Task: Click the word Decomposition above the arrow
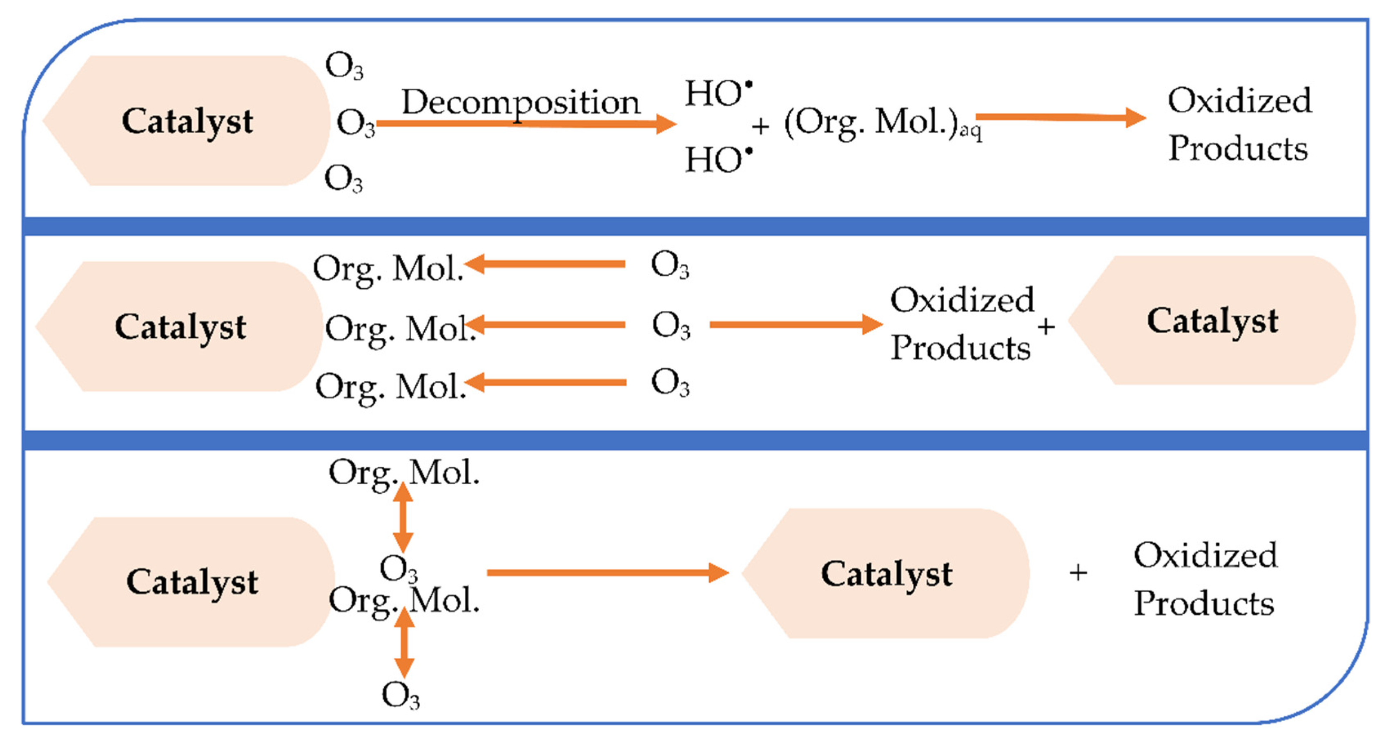pyautogui.click(x=521, y=102)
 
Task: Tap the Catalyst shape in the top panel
pyautogui.click(x=187, y=121)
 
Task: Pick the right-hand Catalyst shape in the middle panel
pyautogui.click(x=1212, y=321)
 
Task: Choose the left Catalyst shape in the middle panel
pyautogui.click(x=180, y=327)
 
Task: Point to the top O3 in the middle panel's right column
pyautogui.click(x=670, y=265)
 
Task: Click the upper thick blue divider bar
pyautogui.click(x=695, y=226)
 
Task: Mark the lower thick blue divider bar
pyautogui.click(x=695, y=440)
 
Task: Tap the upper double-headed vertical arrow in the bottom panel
pyautogui.click(x=403, y=517)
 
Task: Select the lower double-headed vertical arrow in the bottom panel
pyautogui.click(x=404, y=643)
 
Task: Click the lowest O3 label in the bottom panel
pyautogui.click(x=400, y=695)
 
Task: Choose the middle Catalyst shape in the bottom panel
pyautogui.click(x=887, y=573)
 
